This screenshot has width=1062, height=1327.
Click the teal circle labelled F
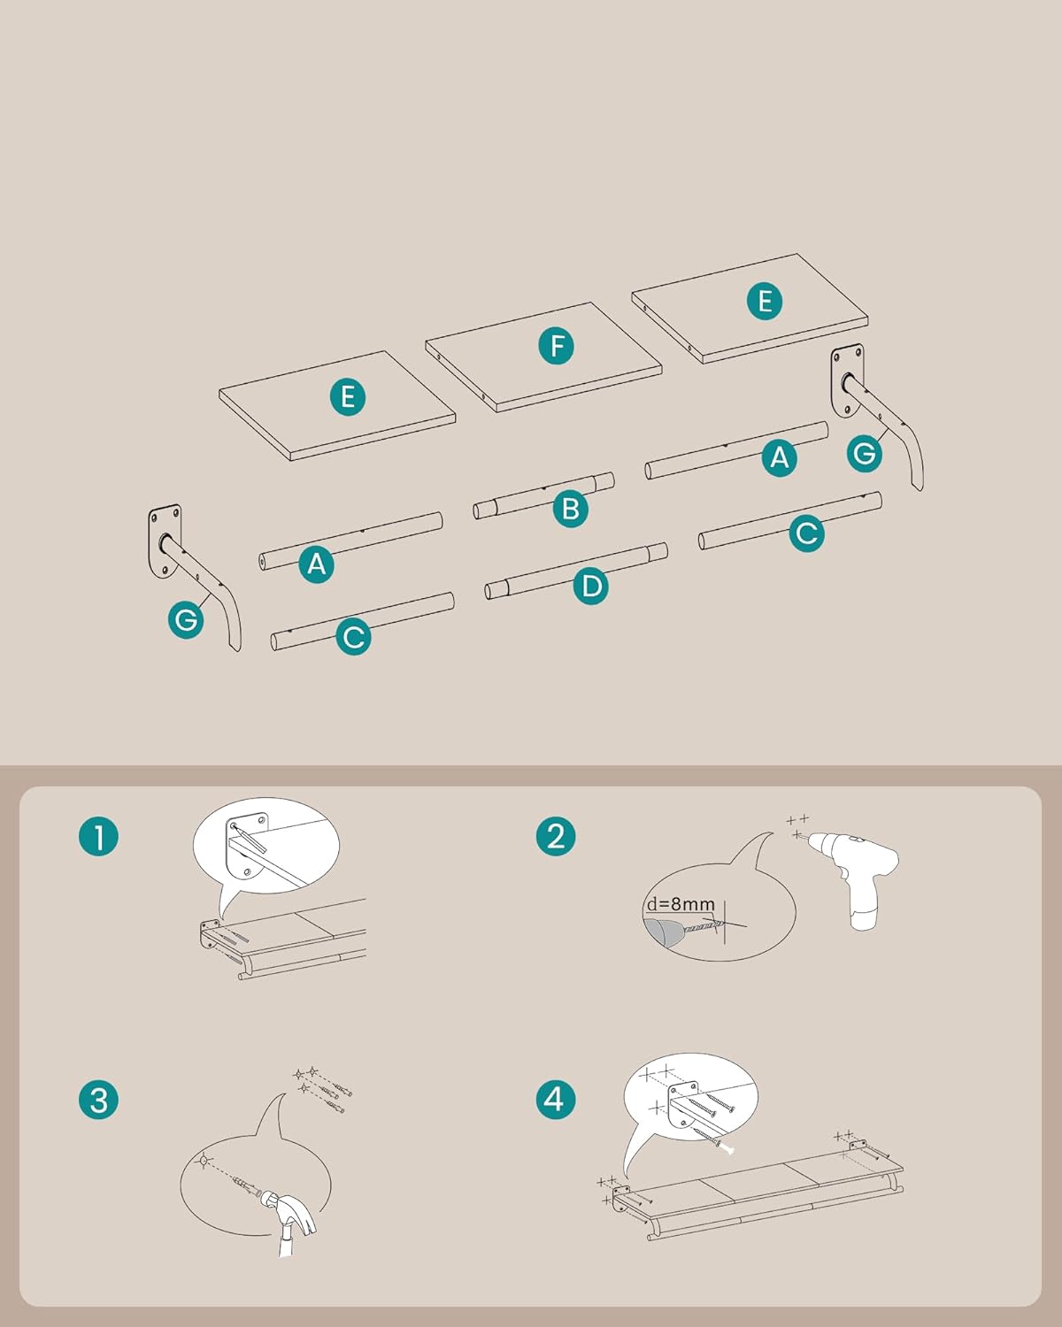(556, 345)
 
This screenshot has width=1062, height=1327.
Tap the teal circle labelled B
(571, 509)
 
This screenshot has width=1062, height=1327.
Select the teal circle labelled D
(591, 585)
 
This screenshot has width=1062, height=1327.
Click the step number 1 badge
(99, 837)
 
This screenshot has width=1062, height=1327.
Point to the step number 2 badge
(556, 837)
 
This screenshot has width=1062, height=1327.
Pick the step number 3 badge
(99, 1100)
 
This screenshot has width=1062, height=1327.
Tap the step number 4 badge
(556, 1099)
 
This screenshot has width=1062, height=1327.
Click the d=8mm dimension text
(680, 904)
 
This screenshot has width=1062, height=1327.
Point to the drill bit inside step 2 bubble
(704, 925)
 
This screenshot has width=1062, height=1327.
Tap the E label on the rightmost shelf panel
(765, 301)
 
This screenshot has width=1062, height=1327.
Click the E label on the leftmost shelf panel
(348, 396)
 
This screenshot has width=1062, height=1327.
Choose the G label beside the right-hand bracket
(864, 453)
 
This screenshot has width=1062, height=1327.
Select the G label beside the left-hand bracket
(186, 619)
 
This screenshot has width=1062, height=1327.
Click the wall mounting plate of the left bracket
(164, 542)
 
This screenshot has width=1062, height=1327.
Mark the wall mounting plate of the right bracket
(847, 381)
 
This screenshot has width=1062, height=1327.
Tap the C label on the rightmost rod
(806, 533)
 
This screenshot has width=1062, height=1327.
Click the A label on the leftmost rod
(317, 564)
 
